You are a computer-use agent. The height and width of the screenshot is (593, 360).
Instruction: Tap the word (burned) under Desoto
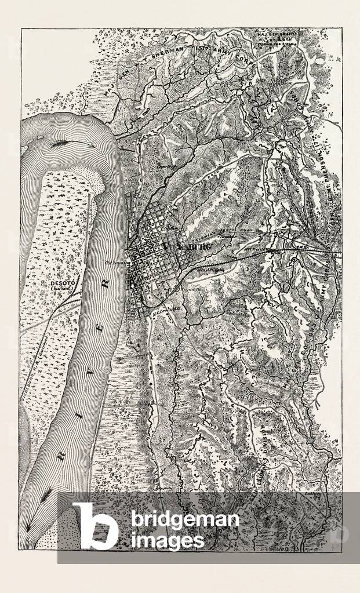coord(57,290)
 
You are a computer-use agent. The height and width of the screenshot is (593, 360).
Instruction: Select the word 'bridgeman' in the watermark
coord(184,519)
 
